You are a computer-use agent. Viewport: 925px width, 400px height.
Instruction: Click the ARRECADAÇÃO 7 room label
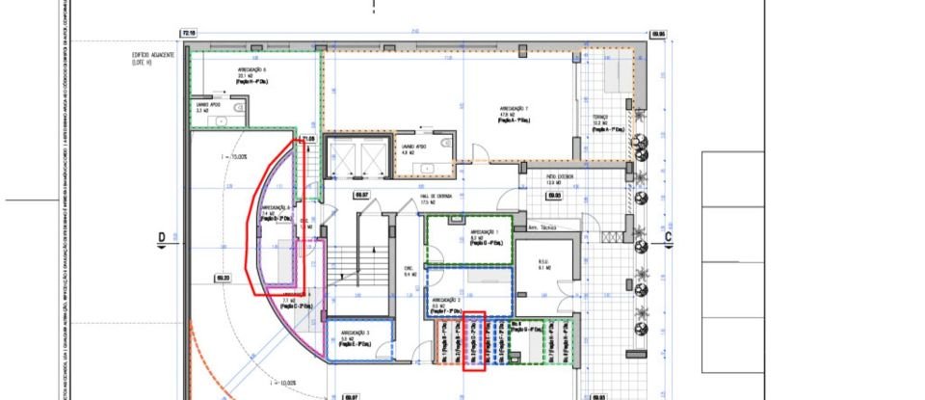[x=512, y=108]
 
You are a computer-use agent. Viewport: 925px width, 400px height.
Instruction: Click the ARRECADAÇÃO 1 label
[x=484, y=233]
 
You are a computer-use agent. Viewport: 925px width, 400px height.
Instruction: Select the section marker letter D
[x=162, y=237]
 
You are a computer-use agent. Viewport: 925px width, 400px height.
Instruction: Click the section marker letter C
[x=667, y=237]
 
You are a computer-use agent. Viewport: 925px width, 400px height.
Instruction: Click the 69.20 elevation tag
[x=222, y=279]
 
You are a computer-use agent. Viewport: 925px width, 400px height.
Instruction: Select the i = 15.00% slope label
[x=234, y=156]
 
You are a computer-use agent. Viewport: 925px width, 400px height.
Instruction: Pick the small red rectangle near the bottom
[x=473, y=340]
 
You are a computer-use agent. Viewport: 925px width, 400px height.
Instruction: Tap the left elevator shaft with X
[x=341, y=155]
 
